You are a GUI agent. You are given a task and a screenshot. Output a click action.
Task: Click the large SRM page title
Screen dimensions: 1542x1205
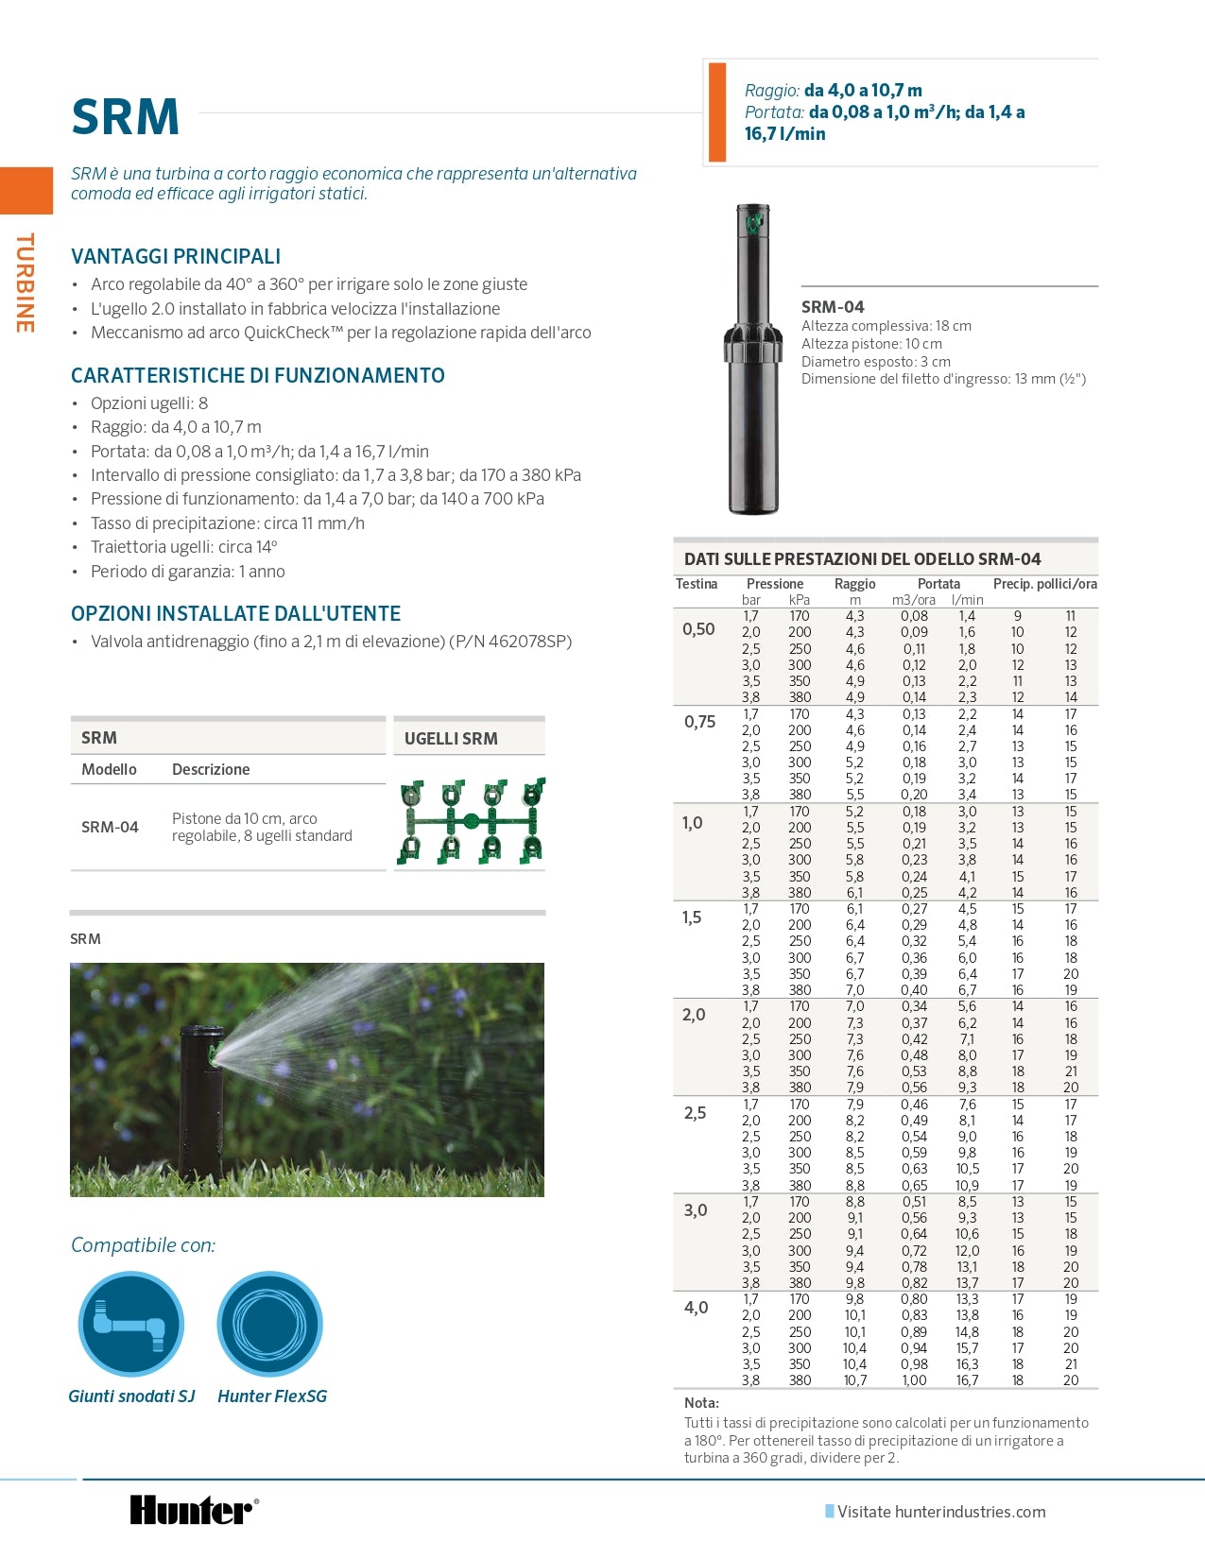click(x=125, y=117)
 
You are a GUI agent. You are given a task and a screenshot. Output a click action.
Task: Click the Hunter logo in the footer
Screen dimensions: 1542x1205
click(x=193, y=1510)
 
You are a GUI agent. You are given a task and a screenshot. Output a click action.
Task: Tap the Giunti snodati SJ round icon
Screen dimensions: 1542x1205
click(x=130, y=1323)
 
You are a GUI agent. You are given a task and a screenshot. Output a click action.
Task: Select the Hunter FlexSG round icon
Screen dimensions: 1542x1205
click(x=270, y=1323)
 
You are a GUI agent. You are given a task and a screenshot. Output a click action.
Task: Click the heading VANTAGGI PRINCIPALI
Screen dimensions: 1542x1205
click(x=176, y=256)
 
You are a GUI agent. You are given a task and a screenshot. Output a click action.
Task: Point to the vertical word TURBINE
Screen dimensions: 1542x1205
click(x=25, y=283)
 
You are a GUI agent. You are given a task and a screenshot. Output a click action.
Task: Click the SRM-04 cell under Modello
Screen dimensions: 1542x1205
click(x=110, y=827)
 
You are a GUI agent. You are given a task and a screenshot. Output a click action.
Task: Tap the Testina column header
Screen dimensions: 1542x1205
click(x=697, y=584)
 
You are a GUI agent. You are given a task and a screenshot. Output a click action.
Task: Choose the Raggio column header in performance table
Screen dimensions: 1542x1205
click(x=854, y=584)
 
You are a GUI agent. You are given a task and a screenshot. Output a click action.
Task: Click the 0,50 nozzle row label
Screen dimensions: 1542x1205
click(x=698, y=629)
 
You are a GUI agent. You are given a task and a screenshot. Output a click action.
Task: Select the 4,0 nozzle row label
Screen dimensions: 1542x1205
click(x=696, y=1308)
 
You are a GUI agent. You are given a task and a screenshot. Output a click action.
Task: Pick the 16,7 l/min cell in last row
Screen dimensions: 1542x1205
click(x=967, y=1380)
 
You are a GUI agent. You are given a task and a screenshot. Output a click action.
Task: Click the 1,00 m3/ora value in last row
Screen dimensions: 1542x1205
click(x=914, y=1380)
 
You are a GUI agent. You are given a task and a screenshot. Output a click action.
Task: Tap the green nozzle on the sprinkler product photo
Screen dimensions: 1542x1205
click(x=754, y=223)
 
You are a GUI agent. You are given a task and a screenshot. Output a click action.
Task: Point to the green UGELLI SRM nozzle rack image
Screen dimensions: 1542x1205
click(x=470, y=821)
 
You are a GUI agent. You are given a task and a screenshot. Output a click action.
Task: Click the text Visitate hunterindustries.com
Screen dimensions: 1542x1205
click(x=941, y=1512)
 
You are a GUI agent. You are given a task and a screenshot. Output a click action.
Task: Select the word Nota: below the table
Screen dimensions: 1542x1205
click(x=701, y=1403)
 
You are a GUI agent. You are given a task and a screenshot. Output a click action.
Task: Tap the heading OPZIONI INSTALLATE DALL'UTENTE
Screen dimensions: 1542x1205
click(x=236, y=613)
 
